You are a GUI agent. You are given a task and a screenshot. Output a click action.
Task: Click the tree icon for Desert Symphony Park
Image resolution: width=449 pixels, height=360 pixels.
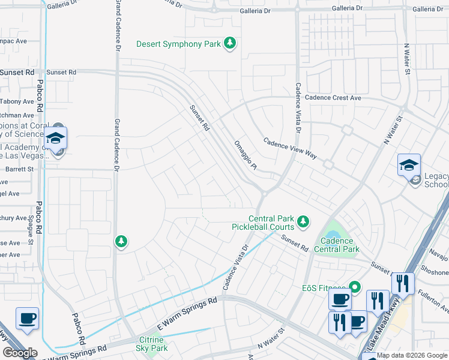pos(229,43)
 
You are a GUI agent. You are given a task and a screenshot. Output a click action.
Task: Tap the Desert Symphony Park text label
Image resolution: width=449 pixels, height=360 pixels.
pos(178,44)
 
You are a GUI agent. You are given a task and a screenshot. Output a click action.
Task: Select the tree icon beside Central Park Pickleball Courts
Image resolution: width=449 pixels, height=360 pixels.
pos(303,221)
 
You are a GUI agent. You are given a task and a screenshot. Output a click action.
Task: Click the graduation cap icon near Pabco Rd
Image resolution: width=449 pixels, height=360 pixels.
pos(55,137)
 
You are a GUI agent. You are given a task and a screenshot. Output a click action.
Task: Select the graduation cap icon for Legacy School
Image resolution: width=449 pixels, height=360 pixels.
pos(409,164)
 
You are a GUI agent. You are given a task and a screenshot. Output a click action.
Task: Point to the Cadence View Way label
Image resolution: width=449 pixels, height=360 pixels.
pos(290,147)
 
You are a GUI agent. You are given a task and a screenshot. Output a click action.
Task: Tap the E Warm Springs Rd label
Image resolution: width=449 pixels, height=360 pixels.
pos(187,311)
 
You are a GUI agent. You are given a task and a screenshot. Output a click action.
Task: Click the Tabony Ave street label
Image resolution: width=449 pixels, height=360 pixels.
pos(17,101)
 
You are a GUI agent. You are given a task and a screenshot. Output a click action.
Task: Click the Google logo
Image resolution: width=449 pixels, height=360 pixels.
pos(20,353)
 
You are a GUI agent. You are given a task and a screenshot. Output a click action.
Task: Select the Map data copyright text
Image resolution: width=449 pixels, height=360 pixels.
pos(412,355)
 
